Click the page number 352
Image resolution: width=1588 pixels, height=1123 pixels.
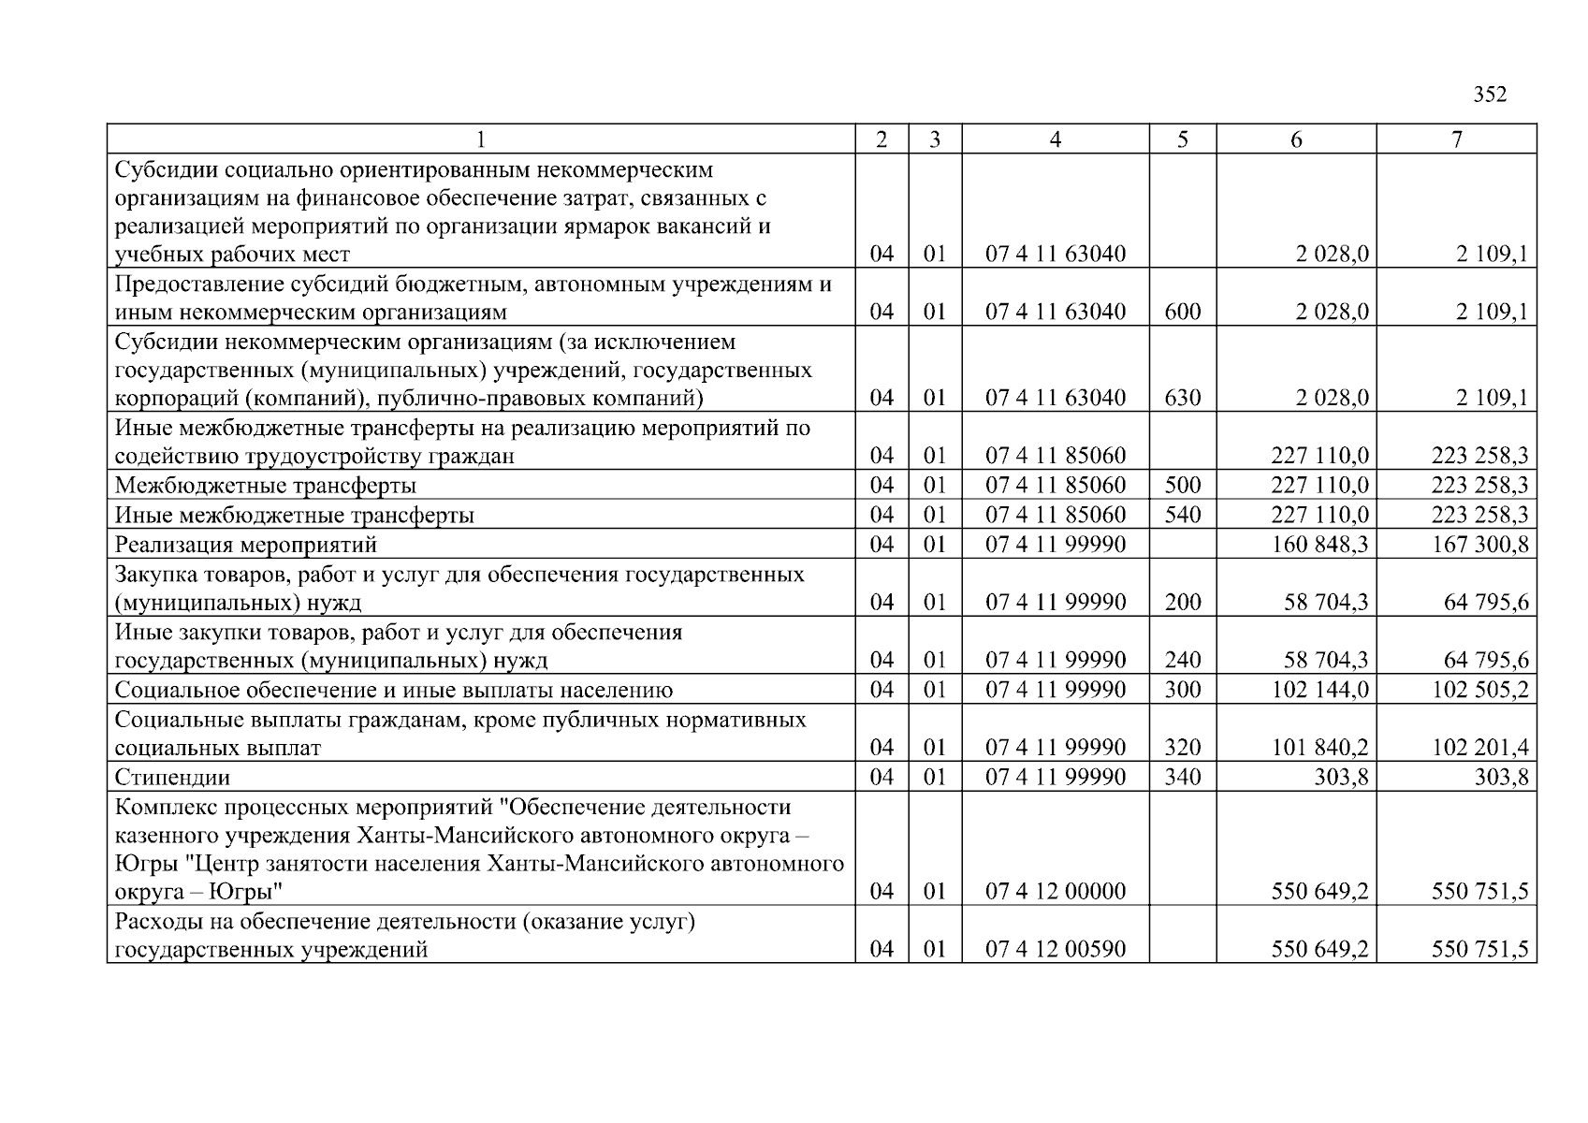tap(1490, 95)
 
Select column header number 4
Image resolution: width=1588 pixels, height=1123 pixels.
tap(1055, 139)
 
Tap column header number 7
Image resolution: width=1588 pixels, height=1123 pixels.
tap(1456, 139)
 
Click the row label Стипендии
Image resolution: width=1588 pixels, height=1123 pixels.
tap(172, 778)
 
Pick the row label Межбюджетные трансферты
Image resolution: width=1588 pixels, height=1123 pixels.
tap(265, 486)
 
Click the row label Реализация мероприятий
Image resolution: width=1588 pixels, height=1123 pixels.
tap(245, 545)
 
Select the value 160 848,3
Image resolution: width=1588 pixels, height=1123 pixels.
tap(1319, 545)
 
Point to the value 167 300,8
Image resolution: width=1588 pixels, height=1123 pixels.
tap(1479, 545)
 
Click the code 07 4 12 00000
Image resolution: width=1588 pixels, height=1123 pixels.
tap(1055, 892)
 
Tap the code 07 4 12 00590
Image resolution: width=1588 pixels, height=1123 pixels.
tap(1055, 950)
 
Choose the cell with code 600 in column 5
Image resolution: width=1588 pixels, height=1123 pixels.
tap(1182, 312)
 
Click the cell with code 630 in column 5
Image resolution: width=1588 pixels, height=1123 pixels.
tap(1182, 398)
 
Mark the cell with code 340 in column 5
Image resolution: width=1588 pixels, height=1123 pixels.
tap(1182, 778)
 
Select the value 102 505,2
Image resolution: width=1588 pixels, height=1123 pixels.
tap(1479, 691)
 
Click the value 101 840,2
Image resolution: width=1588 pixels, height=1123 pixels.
tap(1319, 748)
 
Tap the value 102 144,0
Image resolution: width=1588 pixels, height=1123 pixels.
tap(1319, 691)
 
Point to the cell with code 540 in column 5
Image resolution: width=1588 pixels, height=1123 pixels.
tap(1182, 516)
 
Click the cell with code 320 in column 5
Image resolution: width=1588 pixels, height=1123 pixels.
tap(1182, 748)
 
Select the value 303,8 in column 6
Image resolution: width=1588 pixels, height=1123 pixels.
tap(1340, 778)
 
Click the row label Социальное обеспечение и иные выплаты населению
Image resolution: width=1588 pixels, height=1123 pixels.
tap(393, 691)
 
